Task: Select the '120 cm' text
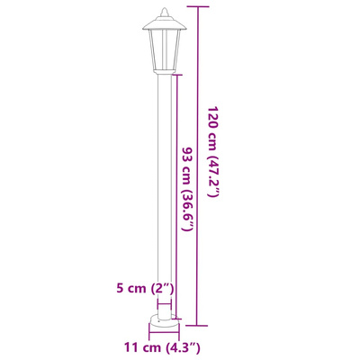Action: [213, 129]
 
